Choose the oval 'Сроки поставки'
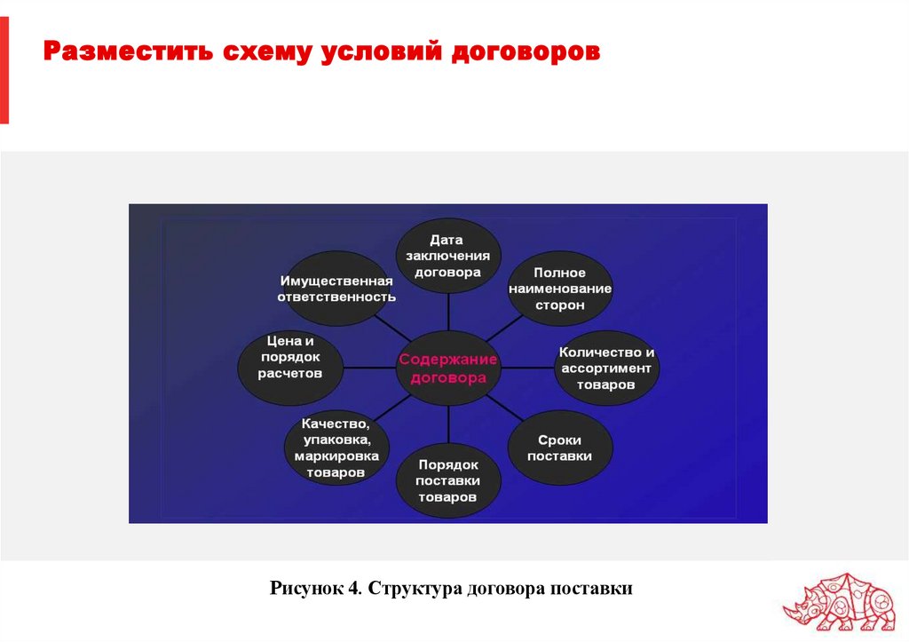(559, 448)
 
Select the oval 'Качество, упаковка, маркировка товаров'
(336, 448)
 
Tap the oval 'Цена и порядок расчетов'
(290, 358)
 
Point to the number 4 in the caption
(354, 589)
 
